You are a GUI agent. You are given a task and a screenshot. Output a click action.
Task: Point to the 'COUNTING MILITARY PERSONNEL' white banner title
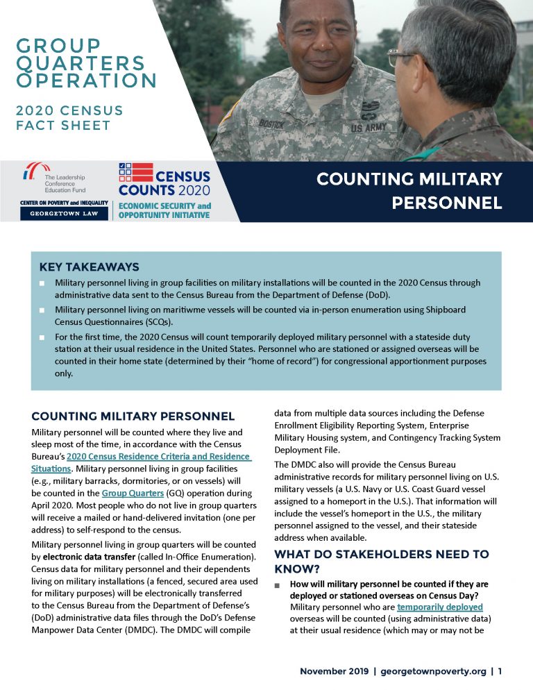[x=409, y=192]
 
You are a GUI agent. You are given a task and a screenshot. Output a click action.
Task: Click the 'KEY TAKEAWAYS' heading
[x=90, y=267]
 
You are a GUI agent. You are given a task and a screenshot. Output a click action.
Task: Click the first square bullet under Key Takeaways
[x=42, y=284]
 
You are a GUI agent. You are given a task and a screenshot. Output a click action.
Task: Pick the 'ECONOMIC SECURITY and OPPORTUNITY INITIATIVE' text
[x=164, y=210]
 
